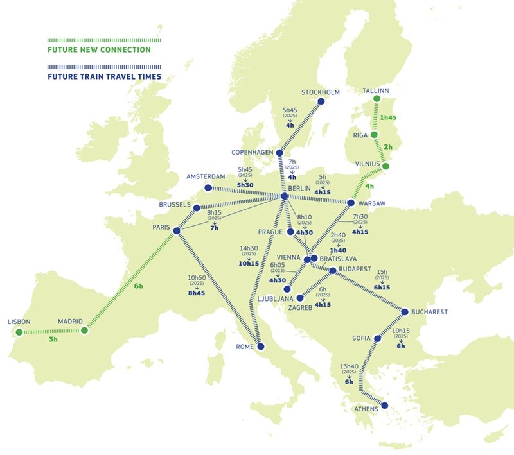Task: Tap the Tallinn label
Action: pyautogui.click(x=376, y=91)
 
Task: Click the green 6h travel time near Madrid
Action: pyautogui.click(x=137, y=286)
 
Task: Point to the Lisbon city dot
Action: pyautogui.click(x=19, y=332)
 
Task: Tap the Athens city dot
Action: pyautogui.click(x=385, y=405)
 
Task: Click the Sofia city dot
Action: pyautogui.click(x=377, y=337)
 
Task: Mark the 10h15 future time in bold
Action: pyautogui.click(x=249, y=263)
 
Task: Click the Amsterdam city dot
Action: pyautogui.click(x=208, y=188)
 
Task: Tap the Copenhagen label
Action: pyautogui.click(x=253, y=152)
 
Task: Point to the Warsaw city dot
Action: pyautogui.click(x=351, y=203)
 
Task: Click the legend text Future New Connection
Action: pyautogui.click(x=99, y=49)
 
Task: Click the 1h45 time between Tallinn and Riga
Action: pyautogui.click(x=389, y=118)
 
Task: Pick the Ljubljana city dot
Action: pyautogui.click(x=287, y=289)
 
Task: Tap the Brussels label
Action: pyautogui.click(x=175, y=205)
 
